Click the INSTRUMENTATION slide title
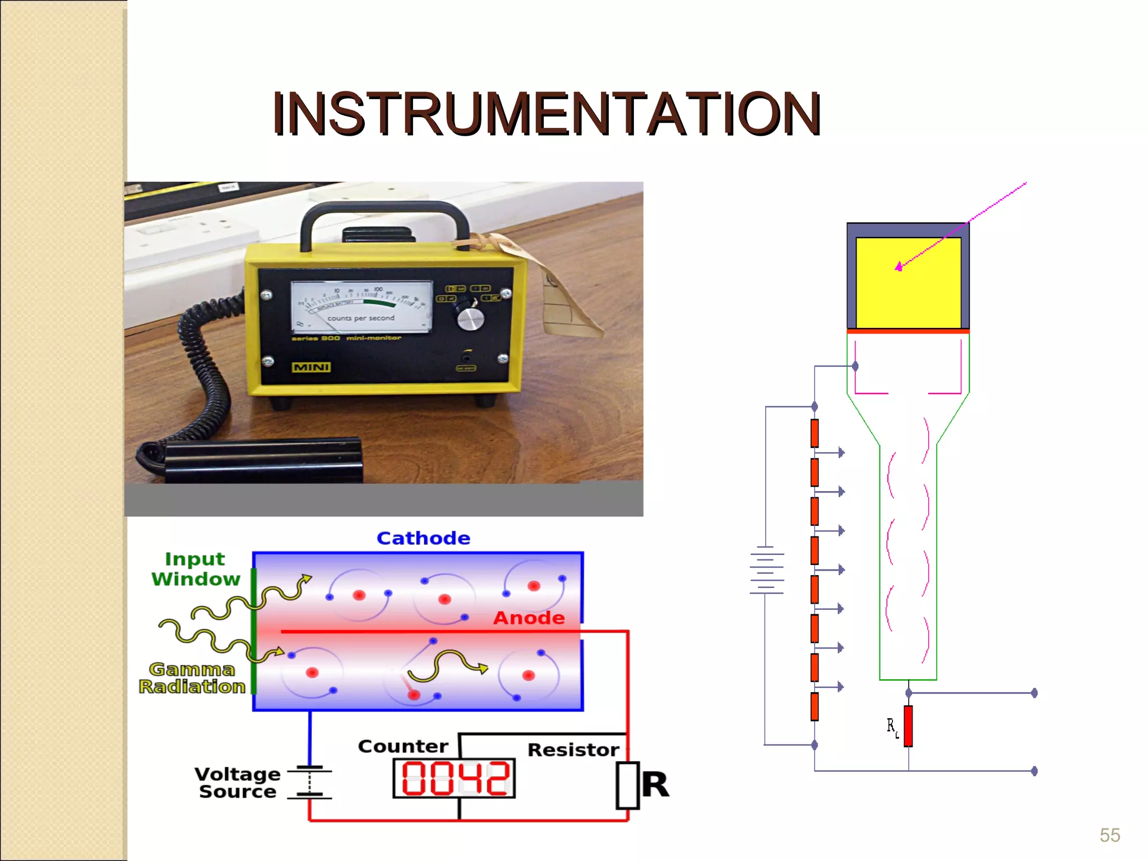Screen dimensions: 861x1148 [x=547, y=114]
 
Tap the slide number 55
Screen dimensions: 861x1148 [x=1109, y=835]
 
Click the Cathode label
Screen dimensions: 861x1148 [x=423, y=538]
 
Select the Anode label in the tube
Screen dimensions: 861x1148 [x=529, y=618]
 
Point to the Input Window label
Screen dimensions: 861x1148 [x=195, y=569]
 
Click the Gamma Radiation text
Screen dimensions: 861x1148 [x=192, y=678]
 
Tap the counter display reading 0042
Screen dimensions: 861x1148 [x=454, y=778]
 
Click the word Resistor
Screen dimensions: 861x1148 [x=573, y=750]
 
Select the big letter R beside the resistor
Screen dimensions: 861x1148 [x=655, y=784]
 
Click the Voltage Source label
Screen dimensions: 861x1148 [x=237, y=783]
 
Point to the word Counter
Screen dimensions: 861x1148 [x=403, y=747]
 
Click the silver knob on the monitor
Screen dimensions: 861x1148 [x=470, y=319]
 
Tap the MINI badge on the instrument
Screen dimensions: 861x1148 [x=311, y=367]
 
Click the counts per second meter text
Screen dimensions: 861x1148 [x=361, y=318]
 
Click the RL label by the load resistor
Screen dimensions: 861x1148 [x=892, y=728]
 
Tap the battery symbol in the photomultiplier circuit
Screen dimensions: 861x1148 [x=766, y=571]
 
